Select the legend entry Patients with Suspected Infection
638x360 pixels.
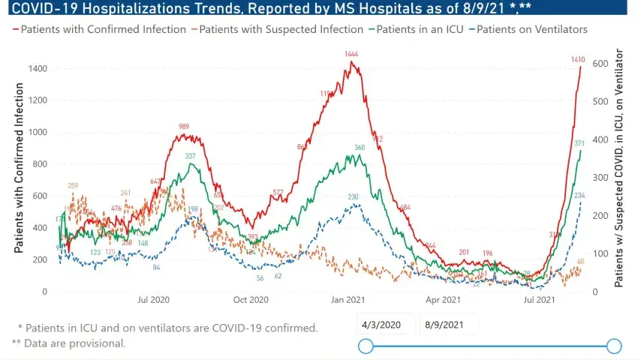point(283,29)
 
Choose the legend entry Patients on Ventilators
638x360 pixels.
point(531,29)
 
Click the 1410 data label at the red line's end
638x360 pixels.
point(578,59)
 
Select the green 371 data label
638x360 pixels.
point(579,143)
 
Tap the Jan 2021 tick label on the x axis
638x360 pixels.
point(348,300)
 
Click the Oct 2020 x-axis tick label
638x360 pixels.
point(251,300)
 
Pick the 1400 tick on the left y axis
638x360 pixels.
point(38,69)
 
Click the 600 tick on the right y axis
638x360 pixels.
point(600,64)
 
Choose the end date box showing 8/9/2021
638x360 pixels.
point(444,324)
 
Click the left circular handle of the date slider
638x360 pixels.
point(366,346)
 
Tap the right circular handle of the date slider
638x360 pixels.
point(614,346)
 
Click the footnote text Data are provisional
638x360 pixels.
point(74,343)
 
